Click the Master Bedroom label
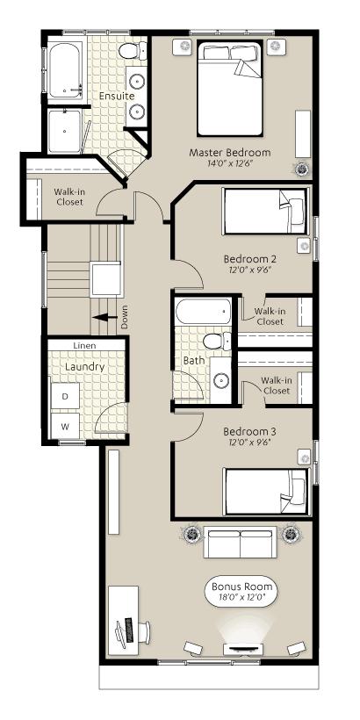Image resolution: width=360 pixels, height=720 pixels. (x=229, y=153)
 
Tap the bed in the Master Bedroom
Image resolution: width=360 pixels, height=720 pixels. (x=230, y=88)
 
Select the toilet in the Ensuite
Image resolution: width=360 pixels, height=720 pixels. (x=133, y=50)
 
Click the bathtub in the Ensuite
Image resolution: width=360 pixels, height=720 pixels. (x=65, y=70)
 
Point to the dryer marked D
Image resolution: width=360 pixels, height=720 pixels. (x=65, y=396)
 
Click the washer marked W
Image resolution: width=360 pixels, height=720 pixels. (x=65, y=427)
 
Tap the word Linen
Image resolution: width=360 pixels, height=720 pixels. (x=85, y=345)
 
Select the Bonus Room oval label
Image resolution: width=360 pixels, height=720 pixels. (x=241, y=591)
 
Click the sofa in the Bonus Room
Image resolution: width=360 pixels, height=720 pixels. (x=241, y=543)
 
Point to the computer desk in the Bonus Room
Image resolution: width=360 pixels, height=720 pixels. (x=123, y=621)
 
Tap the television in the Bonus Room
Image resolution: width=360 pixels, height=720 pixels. (x=243, y=649)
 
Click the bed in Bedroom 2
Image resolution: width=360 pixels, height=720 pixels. (x=265, y=211)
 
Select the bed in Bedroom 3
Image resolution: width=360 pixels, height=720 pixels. (x=265, y=491)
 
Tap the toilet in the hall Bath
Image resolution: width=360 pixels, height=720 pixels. (x=217, y=342)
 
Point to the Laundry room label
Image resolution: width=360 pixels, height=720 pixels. (x=85, y=367)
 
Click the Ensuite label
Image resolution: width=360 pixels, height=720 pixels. (x=117, y=97)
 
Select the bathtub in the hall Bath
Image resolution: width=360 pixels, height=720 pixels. (x=204, y=312)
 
